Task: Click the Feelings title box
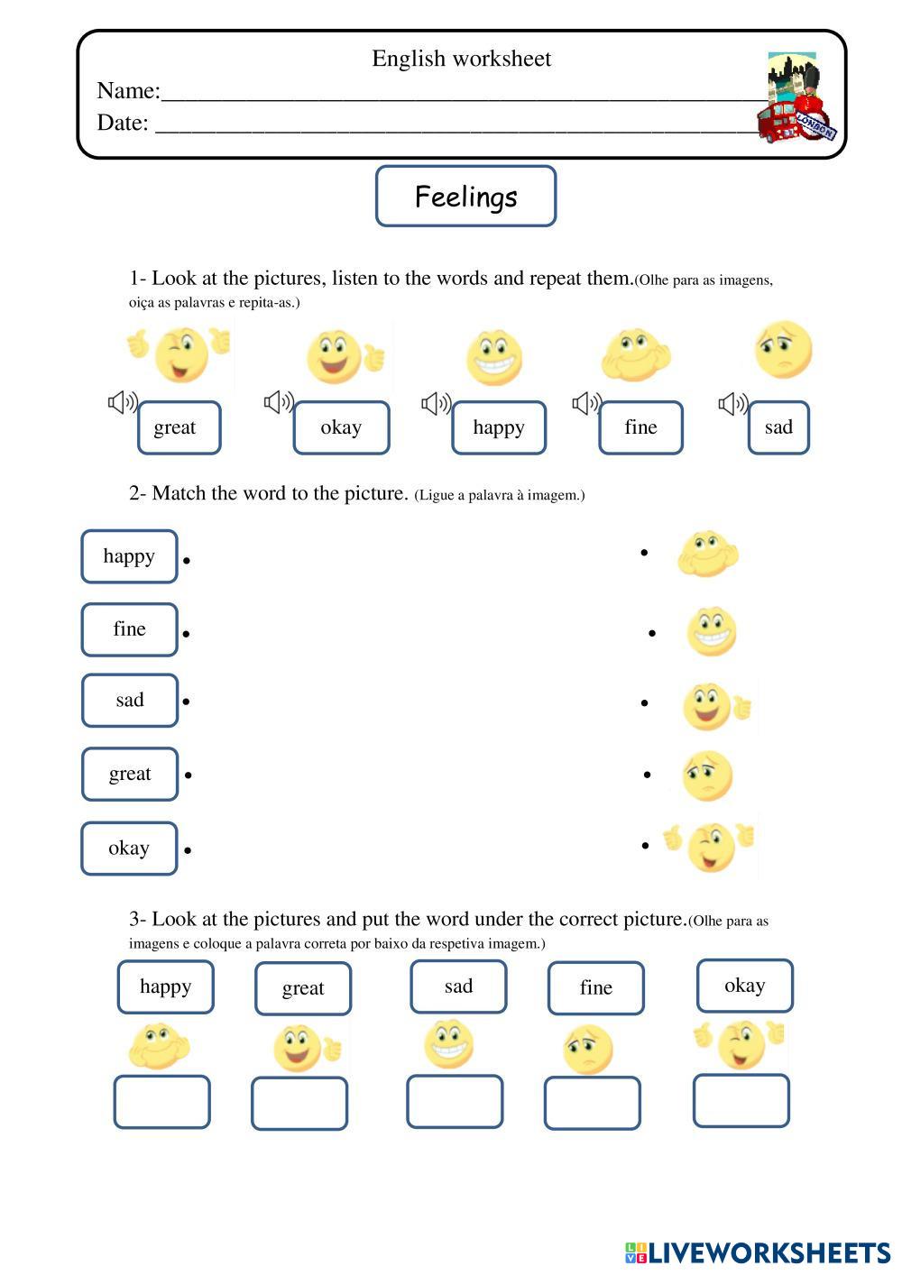coord(465,196)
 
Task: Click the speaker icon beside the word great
coord(122,402)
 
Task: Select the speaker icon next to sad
coord(732,403)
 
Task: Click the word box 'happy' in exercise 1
coord(499,427)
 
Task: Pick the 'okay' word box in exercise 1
coord(341,427)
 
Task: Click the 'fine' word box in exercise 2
coord(129,629)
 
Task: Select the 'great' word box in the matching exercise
coord(130,774)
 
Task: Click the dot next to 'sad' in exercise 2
coord(186,701)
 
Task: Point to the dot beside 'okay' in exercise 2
coord(188,849)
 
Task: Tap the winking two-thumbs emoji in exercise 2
coord(711,846)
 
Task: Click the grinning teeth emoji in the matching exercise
coord(711,631)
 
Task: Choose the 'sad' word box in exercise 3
coord(458,986)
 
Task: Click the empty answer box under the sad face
coord(592,1103)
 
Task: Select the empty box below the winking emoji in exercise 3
coord(741,1100)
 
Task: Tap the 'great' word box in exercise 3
coord(303,988)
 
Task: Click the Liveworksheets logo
coord(757,1252)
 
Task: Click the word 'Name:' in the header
coord(128,91)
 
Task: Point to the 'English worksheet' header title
coord(461,59)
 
